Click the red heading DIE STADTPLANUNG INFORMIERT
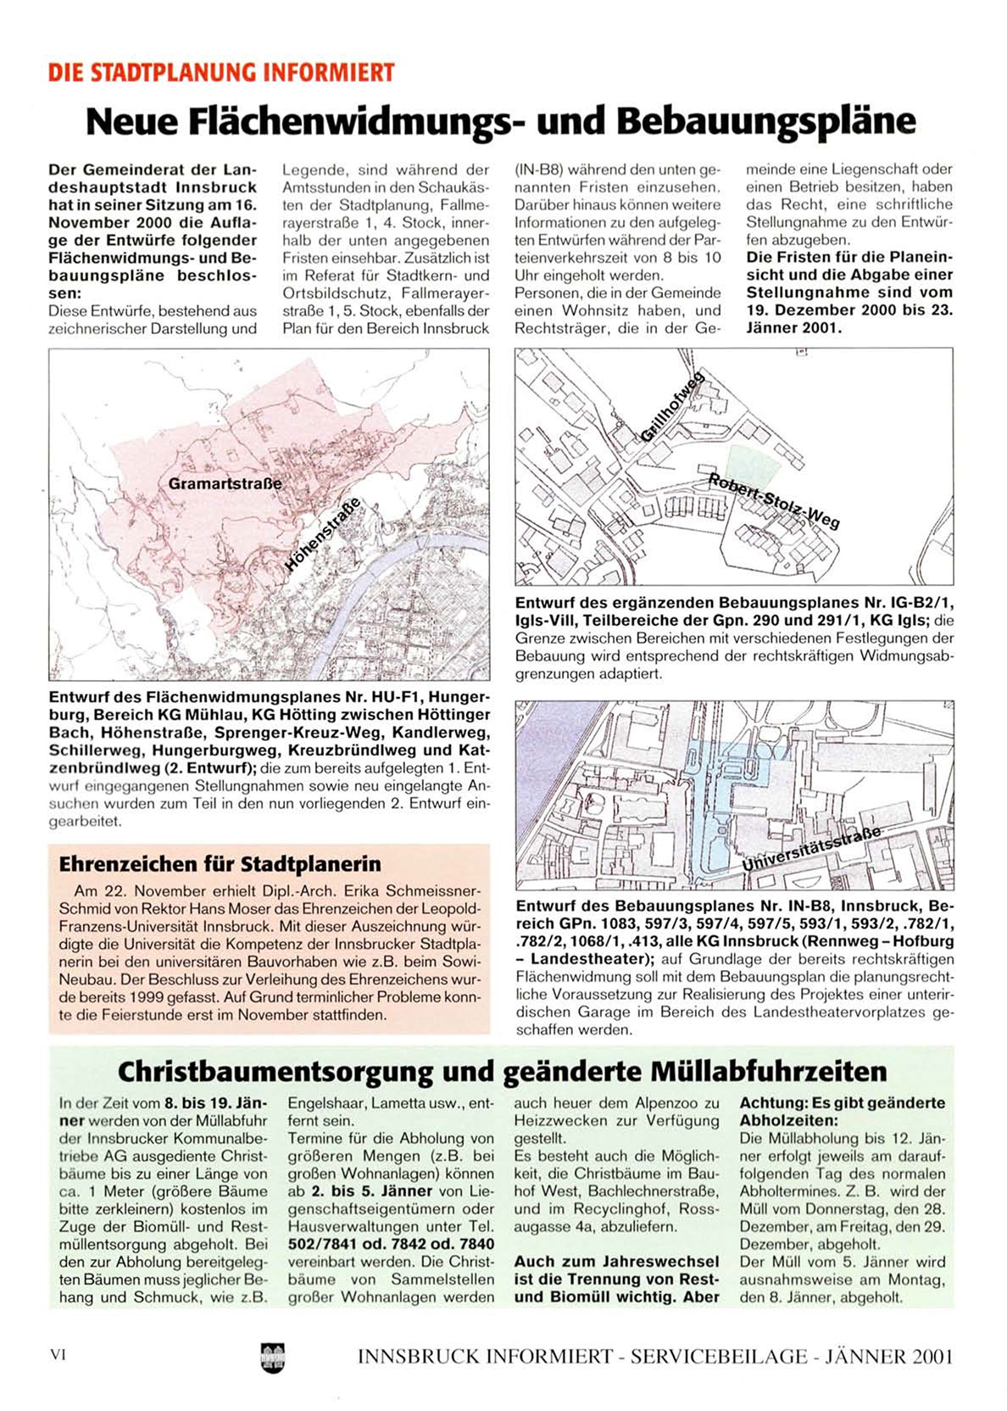click(x=221, y=72)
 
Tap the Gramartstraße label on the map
click(x=225, y=484)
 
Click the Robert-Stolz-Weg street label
click(x=774, y=501)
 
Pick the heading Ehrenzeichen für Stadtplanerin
click(x=220, y=864)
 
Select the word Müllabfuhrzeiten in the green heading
click(x=769, y=1072)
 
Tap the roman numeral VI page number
click(x=58, y=1354)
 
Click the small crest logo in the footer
click(x=274, y=1356)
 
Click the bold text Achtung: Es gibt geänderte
click(x=842, y=1103)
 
